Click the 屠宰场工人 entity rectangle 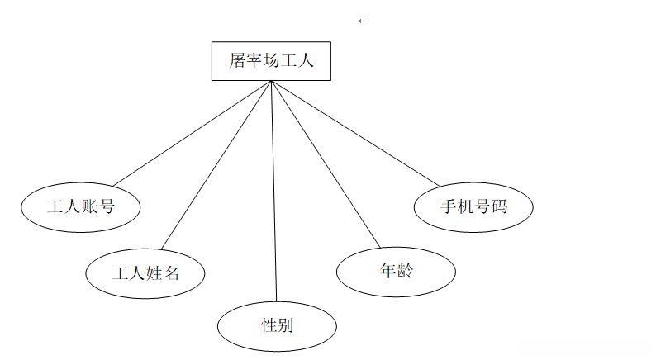coord(271,61)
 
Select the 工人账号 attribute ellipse coord(80,206)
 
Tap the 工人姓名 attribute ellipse coord(145,272)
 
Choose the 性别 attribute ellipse coord(277,325)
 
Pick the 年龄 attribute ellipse coord(396,270)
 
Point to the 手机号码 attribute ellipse coord(473,206)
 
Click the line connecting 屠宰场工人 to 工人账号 coord(192,134)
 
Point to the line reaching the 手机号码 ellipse coord(355,134)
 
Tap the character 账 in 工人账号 coord(89,206)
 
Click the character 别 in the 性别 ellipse coord(285,325)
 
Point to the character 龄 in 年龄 coord(404,270)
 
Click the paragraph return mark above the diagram coord(362,21)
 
